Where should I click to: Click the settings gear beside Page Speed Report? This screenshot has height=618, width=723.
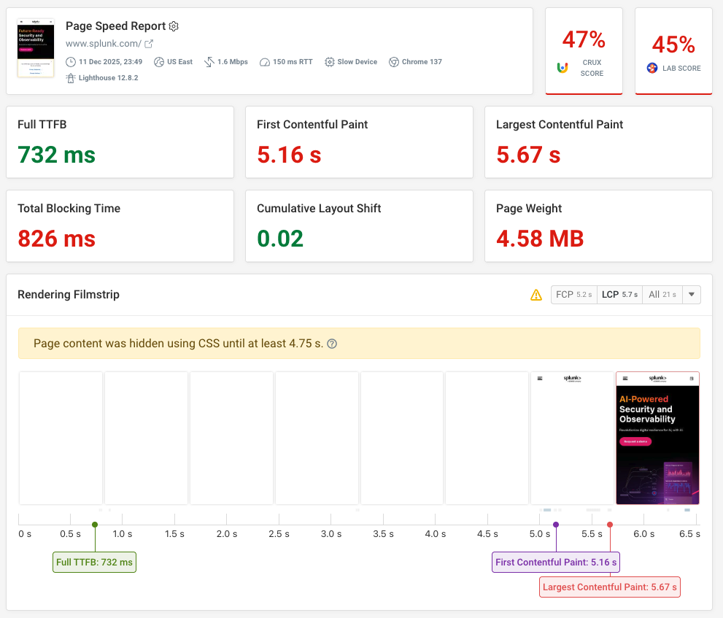(x=174, y=26)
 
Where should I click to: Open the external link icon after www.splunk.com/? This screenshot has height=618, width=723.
(x=149, y=44)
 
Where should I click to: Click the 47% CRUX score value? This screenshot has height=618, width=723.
(x=584, y=39)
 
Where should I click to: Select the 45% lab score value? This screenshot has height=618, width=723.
(x=673, y=45)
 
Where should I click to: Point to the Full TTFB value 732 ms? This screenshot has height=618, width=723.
(x=56, y=155)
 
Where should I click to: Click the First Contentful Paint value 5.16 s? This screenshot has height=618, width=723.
(x=290, y=155)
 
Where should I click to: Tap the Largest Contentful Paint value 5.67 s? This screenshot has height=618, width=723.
(x=528, y=155)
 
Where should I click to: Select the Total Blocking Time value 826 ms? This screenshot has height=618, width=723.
(x=56, y=239)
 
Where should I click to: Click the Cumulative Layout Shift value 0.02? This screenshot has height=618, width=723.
(x=280, y=239)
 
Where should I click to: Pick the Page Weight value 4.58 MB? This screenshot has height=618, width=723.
(x=540, y=239)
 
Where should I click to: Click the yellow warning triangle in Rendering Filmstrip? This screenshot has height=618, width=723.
(x=536, y=295)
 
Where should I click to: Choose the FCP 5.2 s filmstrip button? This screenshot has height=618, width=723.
(x=573, y=295)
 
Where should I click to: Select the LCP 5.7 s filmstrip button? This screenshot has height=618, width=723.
(x=619, y=295)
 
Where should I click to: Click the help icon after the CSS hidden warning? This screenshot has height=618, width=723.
(x=332, y=344)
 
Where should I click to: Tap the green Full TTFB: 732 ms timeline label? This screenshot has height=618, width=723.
(x=94, y=563)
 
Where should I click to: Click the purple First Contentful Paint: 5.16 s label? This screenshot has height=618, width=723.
(x=556, y=563)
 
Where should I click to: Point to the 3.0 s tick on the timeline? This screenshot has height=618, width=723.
(x=330, y=533)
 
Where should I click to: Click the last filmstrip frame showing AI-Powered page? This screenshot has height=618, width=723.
(x=657, y=438)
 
